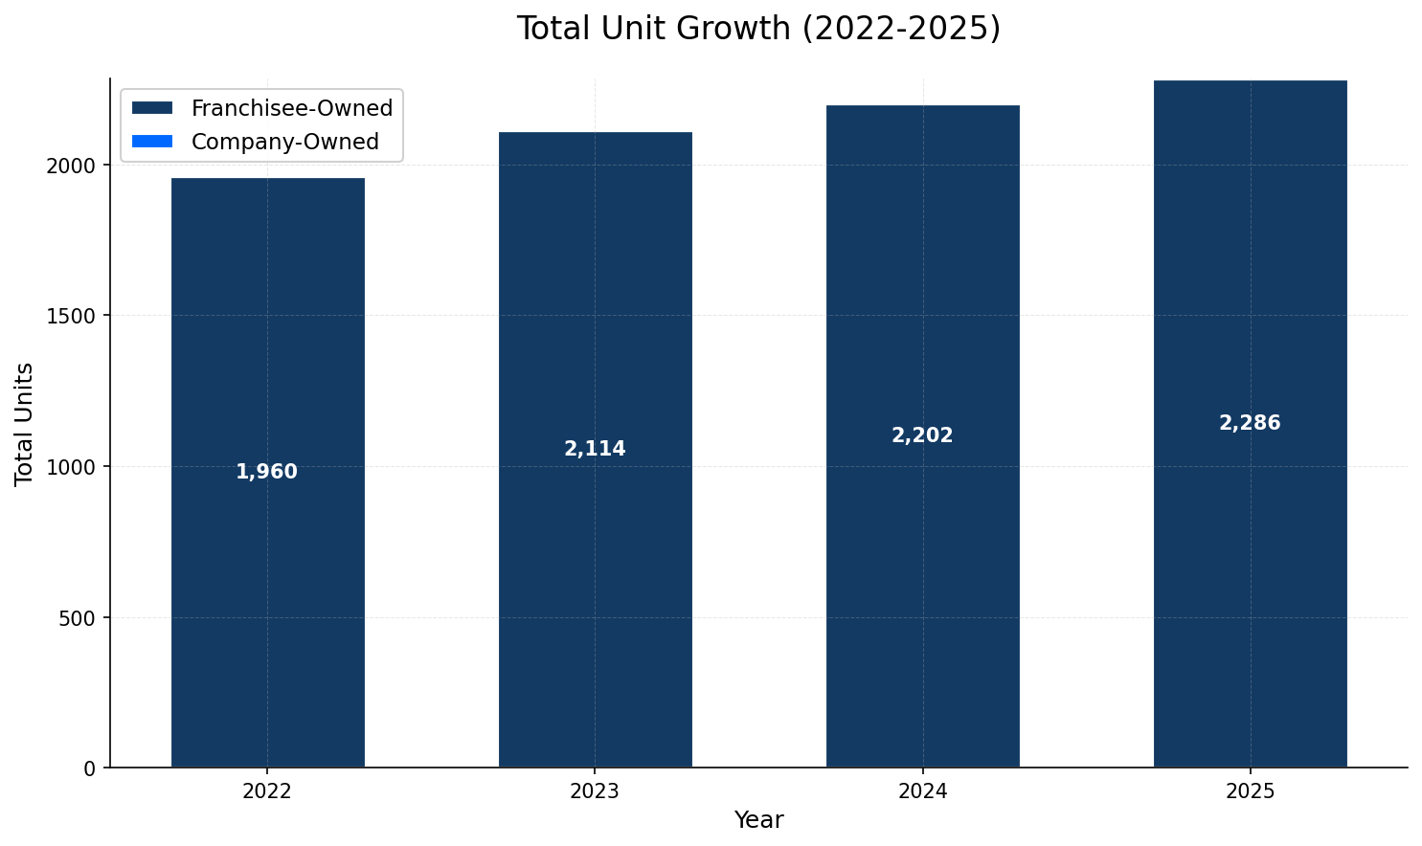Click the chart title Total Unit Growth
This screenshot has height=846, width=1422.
click(758, 29)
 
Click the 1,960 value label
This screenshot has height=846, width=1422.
click(267, 472)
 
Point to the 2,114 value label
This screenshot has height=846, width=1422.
click(595, 449)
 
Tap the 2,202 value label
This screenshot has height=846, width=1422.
click(922, 435)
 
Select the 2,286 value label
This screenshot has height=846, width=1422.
click(1250, 423)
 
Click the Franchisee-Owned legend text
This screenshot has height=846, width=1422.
click(292, 108)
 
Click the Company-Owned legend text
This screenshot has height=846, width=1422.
click(285, 142)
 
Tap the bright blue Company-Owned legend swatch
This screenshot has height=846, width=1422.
click(152, 142)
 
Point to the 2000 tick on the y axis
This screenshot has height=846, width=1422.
click(72, 165)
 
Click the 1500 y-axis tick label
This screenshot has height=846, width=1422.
click(72, 316)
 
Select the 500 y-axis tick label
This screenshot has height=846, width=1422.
click(78, 617)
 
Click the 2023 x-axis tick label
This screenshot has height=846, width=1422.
click(595, 791)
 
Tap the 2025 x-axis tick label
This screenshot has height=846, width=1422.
click(1250, 791)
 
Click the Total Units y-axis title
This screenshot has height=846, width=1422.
click(25, 424)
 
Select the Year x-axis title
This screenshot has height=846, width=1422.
click(758, 820)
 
